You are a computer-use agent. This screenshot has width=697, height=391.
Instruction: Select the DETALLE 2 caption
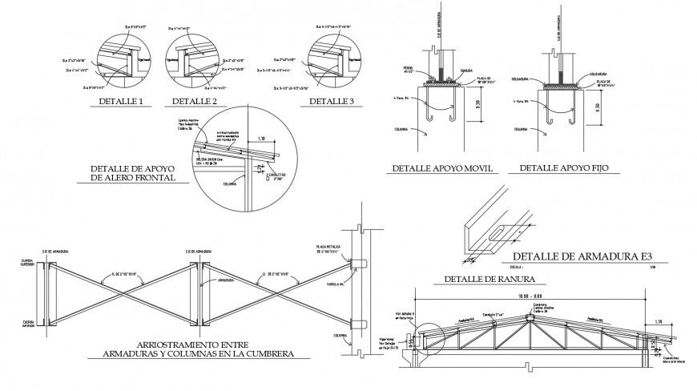pyautogui.click(x=192, y=102)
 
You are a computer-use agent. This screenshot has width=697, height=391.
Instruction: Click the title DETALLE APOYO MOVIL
pyautogui.click(x=441, y=169)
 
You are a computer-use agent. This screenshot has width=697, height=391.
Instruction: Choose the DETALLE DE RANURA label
pyautogui.click(x=482, y=280)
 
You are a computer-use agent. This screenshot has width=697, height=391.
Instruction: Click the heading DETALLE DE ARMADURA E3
pyautogui.click(x=583, y=256)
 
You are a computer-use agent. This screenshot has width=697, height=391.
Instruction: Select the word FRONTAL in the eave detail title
pyautogui.click(x=167, y=179)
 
